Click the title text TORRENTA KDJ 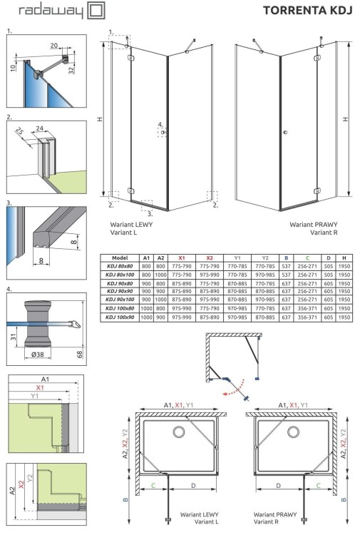307,11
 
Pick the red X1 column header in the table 182,258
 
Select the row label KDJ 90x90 118,291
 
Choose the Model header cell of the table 118,258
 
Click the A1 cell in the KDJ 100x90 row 146,316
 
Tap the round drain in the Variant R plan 293,432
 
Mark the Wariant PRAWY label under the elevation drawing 312,224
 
